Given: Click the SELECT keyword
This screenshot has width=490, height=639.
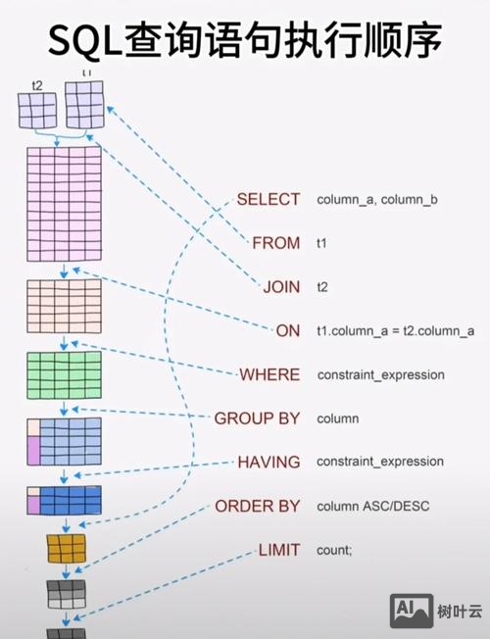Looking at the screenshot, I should click(x=268, y=199).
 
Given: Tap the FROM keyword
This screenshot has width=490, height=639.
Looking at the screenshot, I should click(x=275, y=243).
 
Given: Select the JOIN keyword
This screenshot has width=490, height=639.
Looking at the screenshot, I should click(x=281, y=287).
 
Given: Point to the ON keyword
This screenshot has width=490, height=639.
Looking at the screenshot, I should click(x=288, y=331).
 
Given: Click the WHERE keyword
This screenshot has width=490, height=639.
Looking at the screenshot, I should click(x=269, y=374).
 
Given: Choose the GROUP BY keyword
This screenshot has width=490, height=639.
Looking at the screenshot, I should click(x=257, y=418).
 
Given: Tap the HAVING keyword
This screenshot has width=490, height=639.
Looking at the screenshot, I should click(x=269, y=462).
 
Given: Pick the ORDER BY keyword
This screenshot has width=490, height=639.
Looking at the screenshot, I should click(x=257, y=506).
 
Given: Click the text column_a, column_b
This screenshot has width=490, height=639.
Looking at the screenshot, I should click(x=376, y=200).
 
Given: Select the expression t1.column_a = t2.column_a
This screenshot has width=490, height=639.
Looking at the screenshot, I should click(x=395, y=331).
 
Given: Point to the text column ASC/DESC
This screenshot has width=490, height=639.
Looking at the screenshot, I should click(x=373, y=506).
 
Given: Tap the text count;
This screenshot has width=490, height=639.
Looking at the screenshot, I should click(x=333, y=551).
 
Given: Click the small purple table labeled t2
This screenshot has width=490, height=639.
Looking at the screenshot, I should click(x=38, y=111).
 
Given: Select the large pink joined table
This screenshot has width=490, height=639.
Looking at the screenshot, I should click(x=64, y=204).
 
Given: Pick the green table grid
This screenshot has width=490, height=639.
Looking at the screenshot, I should click(x=64, y=374).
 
